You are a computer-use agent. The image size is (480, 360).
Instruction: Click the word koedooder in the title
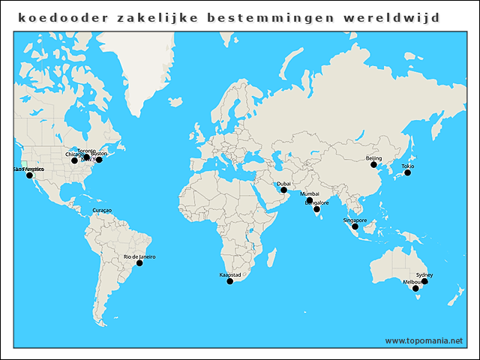click(x=55, y=16)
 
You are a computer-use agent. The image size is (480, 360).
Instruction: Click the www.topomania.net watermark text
click(x=424, y=340)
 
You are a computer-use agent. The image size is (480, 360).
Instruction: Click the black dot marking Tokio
click(x=407, y=172)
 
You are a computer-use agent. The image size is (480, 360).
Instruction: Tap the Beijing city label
click(x=373, y=158)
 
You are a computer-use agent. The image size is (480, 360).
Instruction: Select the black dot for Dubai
click(x=283, y=190)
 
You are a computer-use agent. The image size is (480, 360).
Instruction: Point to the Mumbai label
click(x=309, y=193)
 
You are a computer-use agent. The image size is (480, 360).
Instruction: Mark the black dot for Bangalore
click(x=316, y=209)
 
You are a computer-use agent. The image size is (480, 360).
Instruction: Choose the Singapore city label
click(x=355, y=220)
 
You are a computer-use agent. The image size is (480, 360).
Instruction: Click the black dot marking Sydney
click(x=424, y=282)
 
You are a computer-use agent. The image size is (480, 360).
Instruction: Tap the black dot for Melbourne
click(x=415, y=289)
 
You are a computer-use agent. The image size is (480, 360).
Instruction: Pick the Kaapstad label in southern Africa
click(x=229, y=274)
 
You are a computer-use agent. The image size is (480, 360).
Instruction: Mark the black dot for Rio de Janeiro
click(x=139, y=263)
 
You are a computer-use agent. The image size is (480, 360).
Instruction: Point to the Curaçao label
click(x=102, y=210)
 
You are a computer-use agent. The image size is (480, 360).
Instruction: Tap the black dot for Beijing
click(x=373, y=165)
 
